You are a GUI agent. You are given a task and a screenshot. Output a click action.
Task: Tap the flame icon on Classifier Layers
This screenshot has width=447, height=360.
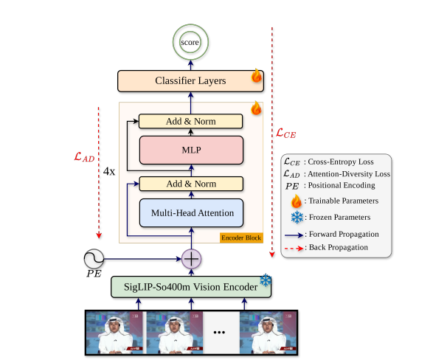[x=257, y=75]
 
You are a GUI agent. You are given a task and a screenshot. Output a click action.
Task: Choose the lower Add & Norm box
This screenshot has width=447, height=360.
[x=190, y=184]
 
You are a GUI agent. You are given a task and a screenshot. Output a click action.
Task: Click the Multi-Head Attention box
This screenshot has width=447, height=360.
[x=190, y=212]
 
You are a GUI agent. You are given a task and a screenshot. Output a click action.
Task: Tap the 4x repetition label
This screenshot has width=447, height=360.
[x=109, y=170]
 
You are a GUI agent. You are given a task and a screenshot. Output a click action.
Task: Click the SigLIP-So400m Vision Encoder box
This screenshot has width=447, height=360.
[x=186, y=286]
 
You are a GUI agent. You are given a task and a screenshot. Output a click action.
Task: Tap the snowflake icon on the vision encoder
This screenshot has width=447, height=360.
[x=264, y=281]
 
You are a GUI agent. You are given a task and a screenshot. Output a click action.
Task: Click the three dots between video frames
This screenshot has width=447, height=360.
[x=219, y=333]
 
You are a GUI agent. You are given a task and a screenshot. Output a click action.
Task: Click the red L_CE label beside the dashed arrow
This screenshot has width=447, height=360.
[x=287, y=133]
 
